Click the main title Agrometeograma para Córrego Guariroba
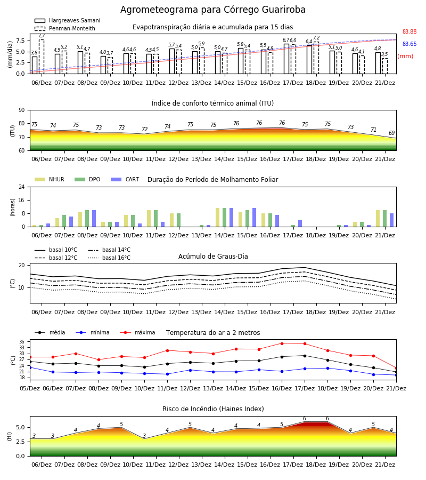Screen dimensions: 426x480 pyautogui.click(x=212, y=10)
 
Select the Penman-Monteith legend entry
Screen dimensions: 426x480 pyautogui.click(x=65, y=28)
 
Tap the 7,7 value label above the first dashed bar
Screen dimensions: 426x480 pyautogui.click(x=42, y=36)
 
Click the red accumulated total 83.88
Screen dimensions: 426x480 pyautogui.click(x=409, y=32)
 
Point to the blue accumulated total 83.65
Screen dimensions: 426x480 pyautogui.click(x=409, y=44)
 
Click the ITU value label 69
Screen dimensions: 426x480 pyautogui.click(x=391, y=133)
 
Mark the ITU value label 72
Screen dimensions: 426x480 pyautogui.click(x=144, y=129)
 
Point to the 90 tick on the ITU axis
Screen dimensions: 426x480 pyautogui.click(x=22, y=110)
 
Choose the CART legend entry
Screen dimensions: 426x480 pyautogui.click(x=125, y=179)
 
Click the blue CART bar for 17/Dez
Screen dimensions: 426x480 pyautogui.click(x=300, y=223)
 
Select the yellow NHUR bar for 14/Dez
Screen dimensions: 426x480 pyautogui.click(x=218, y=218)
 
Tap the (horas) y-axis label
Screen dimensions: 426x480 pyautogui.click(x=13, y=207)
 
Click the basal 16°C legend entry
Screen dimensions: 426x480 pyautogui.click(x=109, y=258)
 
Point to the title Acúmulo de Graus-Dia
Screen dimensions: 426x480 pyautogui.click(x=213, y=257)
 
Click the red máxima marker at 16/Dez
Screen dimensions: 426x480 pyautogui.click(x=282, y=343)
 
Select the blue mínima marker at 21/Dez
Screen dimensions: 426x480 pyautogui.click(x=396, y=375)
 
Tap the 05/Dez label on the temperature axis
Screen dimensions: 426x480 pyautogui.click(x=30, y=388)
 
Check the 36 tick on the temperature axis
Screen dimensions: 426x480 pyautogui.click(x=22, y=342)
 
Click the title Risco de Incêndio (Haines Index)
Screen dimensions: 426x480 pyautogui.click(x=213, y=409)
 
